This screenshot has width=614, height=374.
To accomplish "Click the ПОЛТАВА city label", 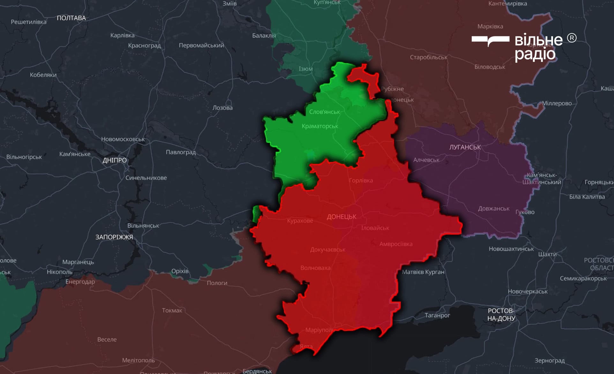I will pyautogui.click(x=71, y=18).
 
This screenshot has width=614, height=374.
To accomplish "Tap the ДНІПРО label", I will pyautogui.click(x=114, y=160).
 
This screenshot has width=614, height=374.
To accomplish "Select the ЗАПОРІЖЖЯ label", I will pyautogui.click(x=114, y=237).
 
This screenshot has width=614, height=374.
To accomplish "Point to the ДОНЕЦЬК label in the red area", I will pyautogui.click(x=341, y=217).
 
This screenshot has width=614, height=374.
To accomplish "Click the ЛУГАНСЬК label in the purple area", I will pyautogui.click(x=465, y=147).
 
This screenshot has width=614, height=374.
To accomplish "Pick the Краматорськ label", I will pyautogui.click(x=320, y=126).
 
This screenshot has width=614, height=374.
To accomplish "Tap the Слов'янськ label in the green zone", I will pyautogui.click(x=324, y=112).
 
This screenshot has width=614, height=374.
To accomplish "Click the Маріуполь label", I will pyautogui.click(x=319, y=330).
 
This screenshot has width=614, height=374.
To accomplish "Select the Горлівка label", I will pyautogui.click(x=361, y=180).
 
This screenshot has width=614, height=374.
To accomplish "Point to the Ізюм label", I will pyautogui.click(x=305, y=69).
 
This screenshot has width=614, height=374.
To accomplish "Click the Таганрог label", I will pyautogui.click(x=437, y=315).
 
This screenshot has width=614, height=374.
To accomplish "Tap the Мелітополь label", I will pyautogui.click(x=138, y=360).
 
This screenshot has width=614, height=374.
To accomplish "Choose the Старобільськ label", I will pyautogui.click(x=428, y=57).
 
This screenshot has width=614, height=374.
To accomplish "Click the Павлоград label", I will pyautogui.click(x=181, y=152).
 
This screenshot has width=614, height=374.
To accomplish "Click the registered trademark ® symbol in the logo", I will pyautogui.click(x=572, y=38).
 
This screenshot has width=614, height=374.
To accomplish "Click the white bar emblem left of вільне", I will pyautogui.click(x=490, y=40).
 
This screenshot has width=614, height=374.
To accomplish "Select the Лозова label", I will pyautogui.click(x=222, y=108).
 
